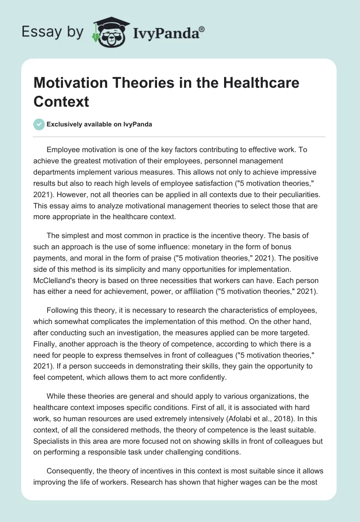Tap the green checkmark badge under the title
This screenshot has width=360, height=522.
39,124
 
